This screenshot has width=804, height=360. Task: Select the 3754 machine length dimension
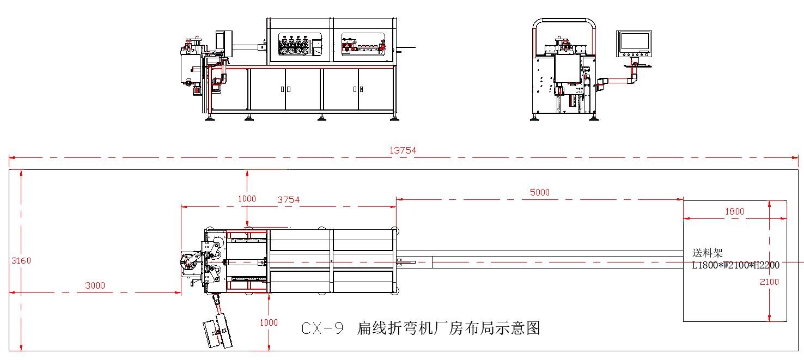point(288,199)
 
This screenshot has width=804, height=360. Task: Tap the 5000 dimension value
point(539,192)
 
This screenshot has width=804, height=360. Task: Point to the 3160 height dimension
point(21,260)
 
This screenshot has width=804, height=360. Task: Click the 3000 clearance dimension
point(95,285)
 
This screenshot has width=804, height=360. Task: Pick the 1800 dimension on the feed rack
point(735,211)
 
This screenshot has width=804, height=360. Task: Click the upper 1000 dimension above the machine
point(247,199)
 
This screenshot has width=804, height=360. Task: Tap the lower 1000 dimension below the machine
point(269,322)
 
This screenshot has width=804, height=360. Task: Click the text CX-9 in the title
point(322,328)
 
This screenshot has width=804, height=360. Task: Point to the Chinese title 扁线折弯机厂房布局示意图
point(448,328)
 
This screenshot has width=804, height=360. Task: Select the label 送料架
point(707,254)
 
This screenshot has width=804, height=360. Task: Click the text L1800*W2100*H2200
point(735,265)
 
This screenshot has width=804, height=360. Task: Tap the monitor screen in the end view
point(634,42)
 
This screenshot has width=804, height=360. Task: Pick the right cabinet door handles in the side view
point(357,89)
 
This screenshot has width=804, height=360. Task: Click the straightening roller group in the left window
point(295,45)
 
